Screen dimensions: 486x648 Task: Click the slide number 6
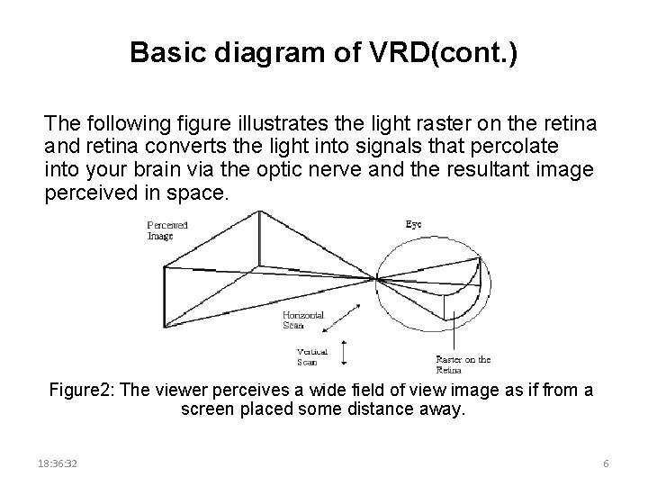606,463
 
